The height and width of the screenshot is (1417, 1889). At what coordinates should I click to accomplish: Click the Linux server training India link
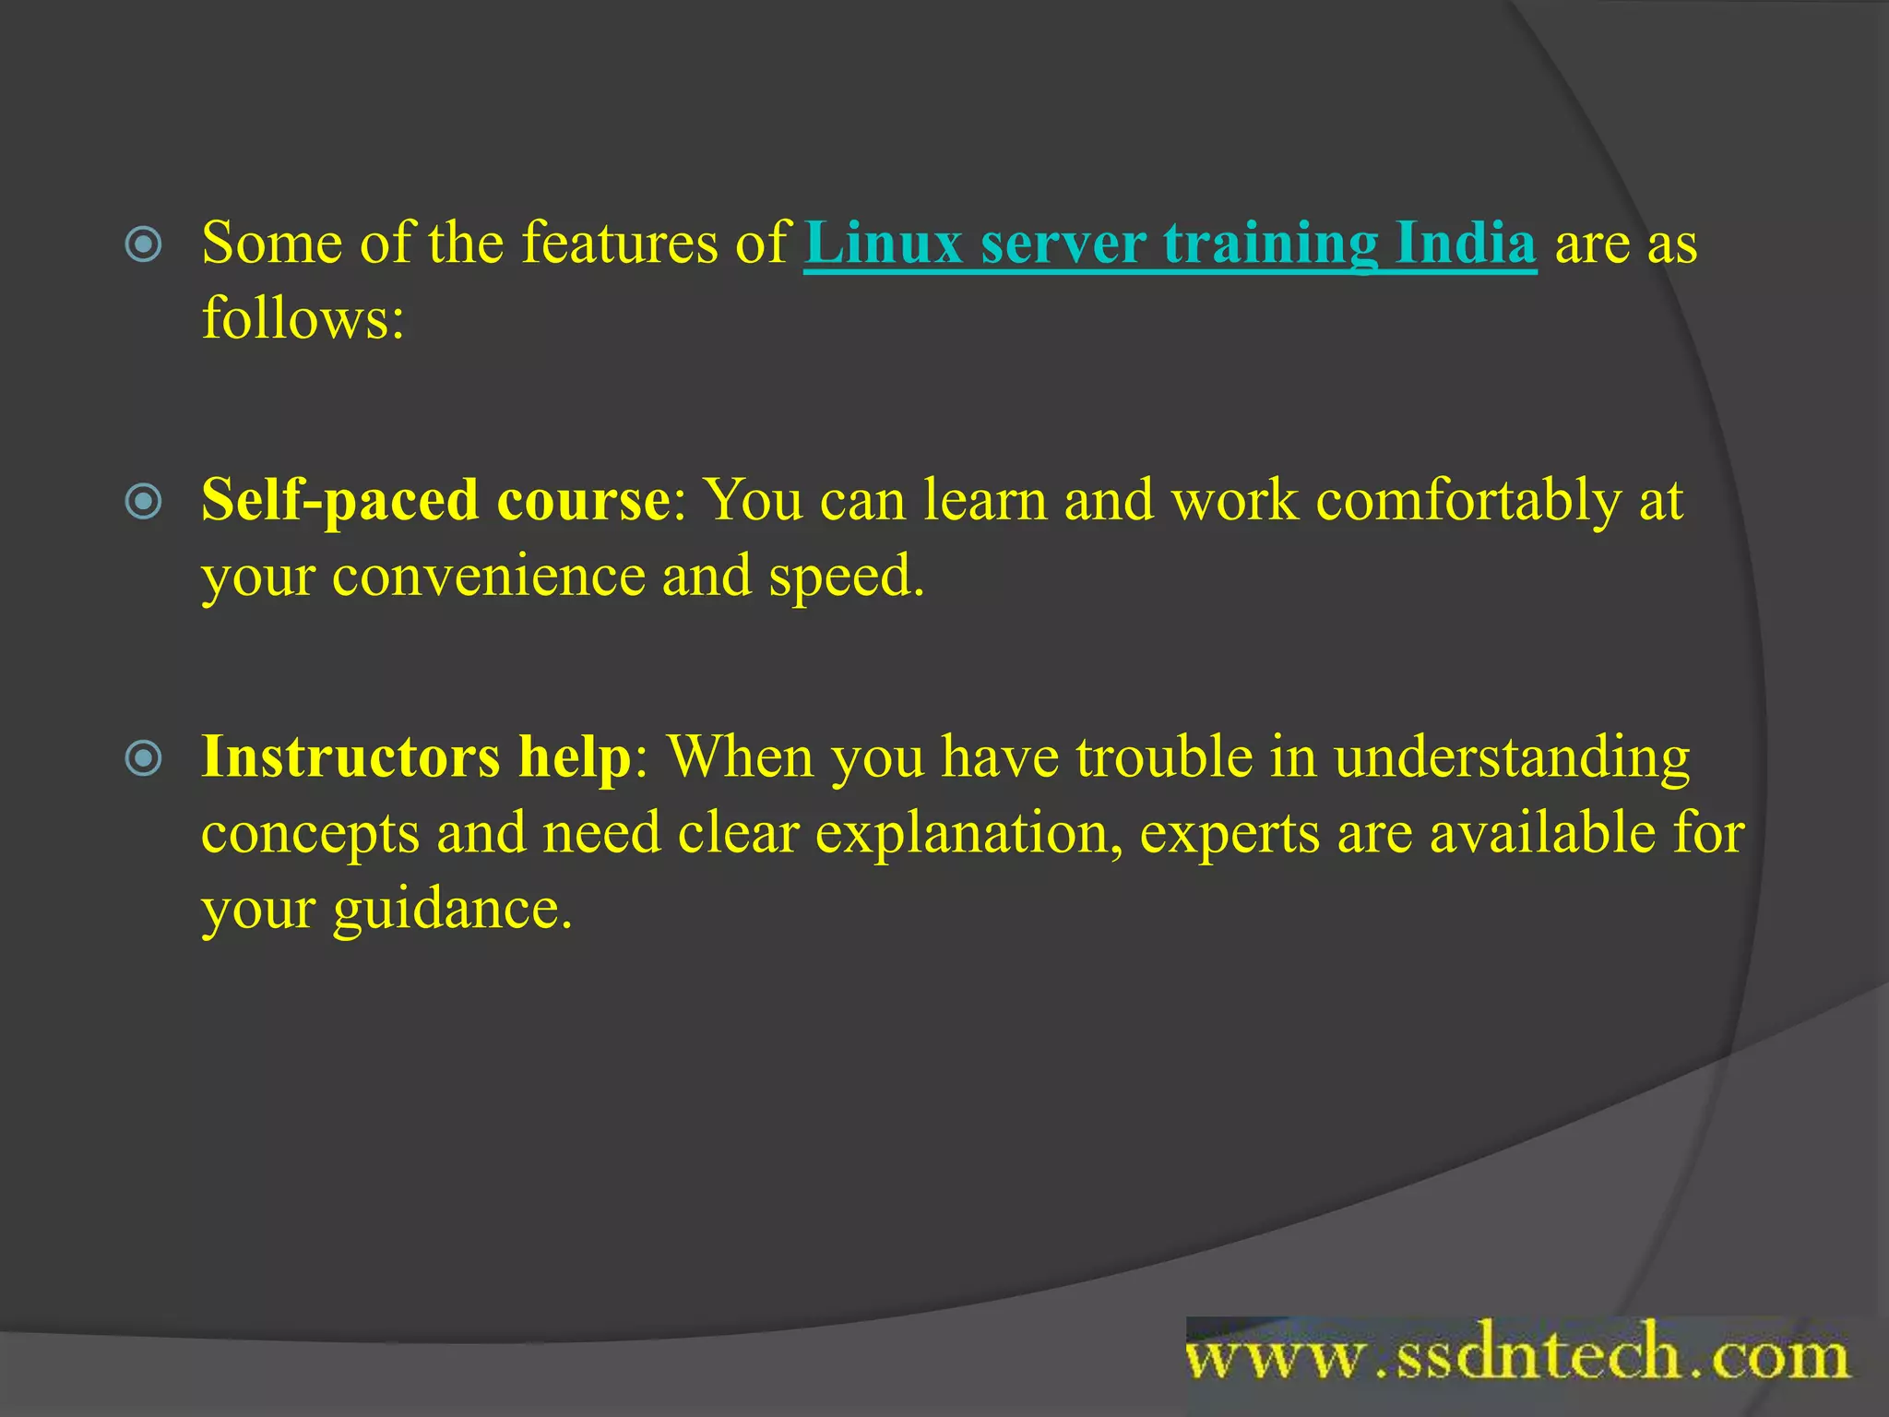pyautogui.click(x=1170, y=244)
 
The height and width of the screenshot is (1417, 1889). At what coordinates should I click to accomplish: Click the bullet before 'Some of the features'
pyautogui.click(x=144, y=244)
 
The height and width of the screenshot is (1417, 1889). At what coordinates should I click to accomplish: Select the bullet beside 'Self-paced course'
pyautogui.click(x=144, y=502)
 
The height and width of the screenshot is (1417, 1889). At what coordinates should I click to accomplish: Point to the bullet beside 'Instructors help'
pyautogui.click(x=144, y=759)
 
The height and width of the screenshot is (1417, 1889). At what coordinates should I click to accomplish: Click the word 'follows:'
pyautogui.click(x=303, y=318)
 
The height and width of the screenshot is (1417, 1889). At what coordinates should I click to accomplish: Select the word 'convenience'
pyautogui.click(x=489, y=577)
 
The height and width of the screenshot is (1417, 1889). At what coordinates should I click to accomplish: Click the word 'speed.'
pyautogui.click(x=846, y=578)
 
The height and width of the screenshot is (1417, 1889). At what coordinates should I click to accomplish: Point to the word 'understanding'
pyautogui.click(x=1512, y=758)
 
